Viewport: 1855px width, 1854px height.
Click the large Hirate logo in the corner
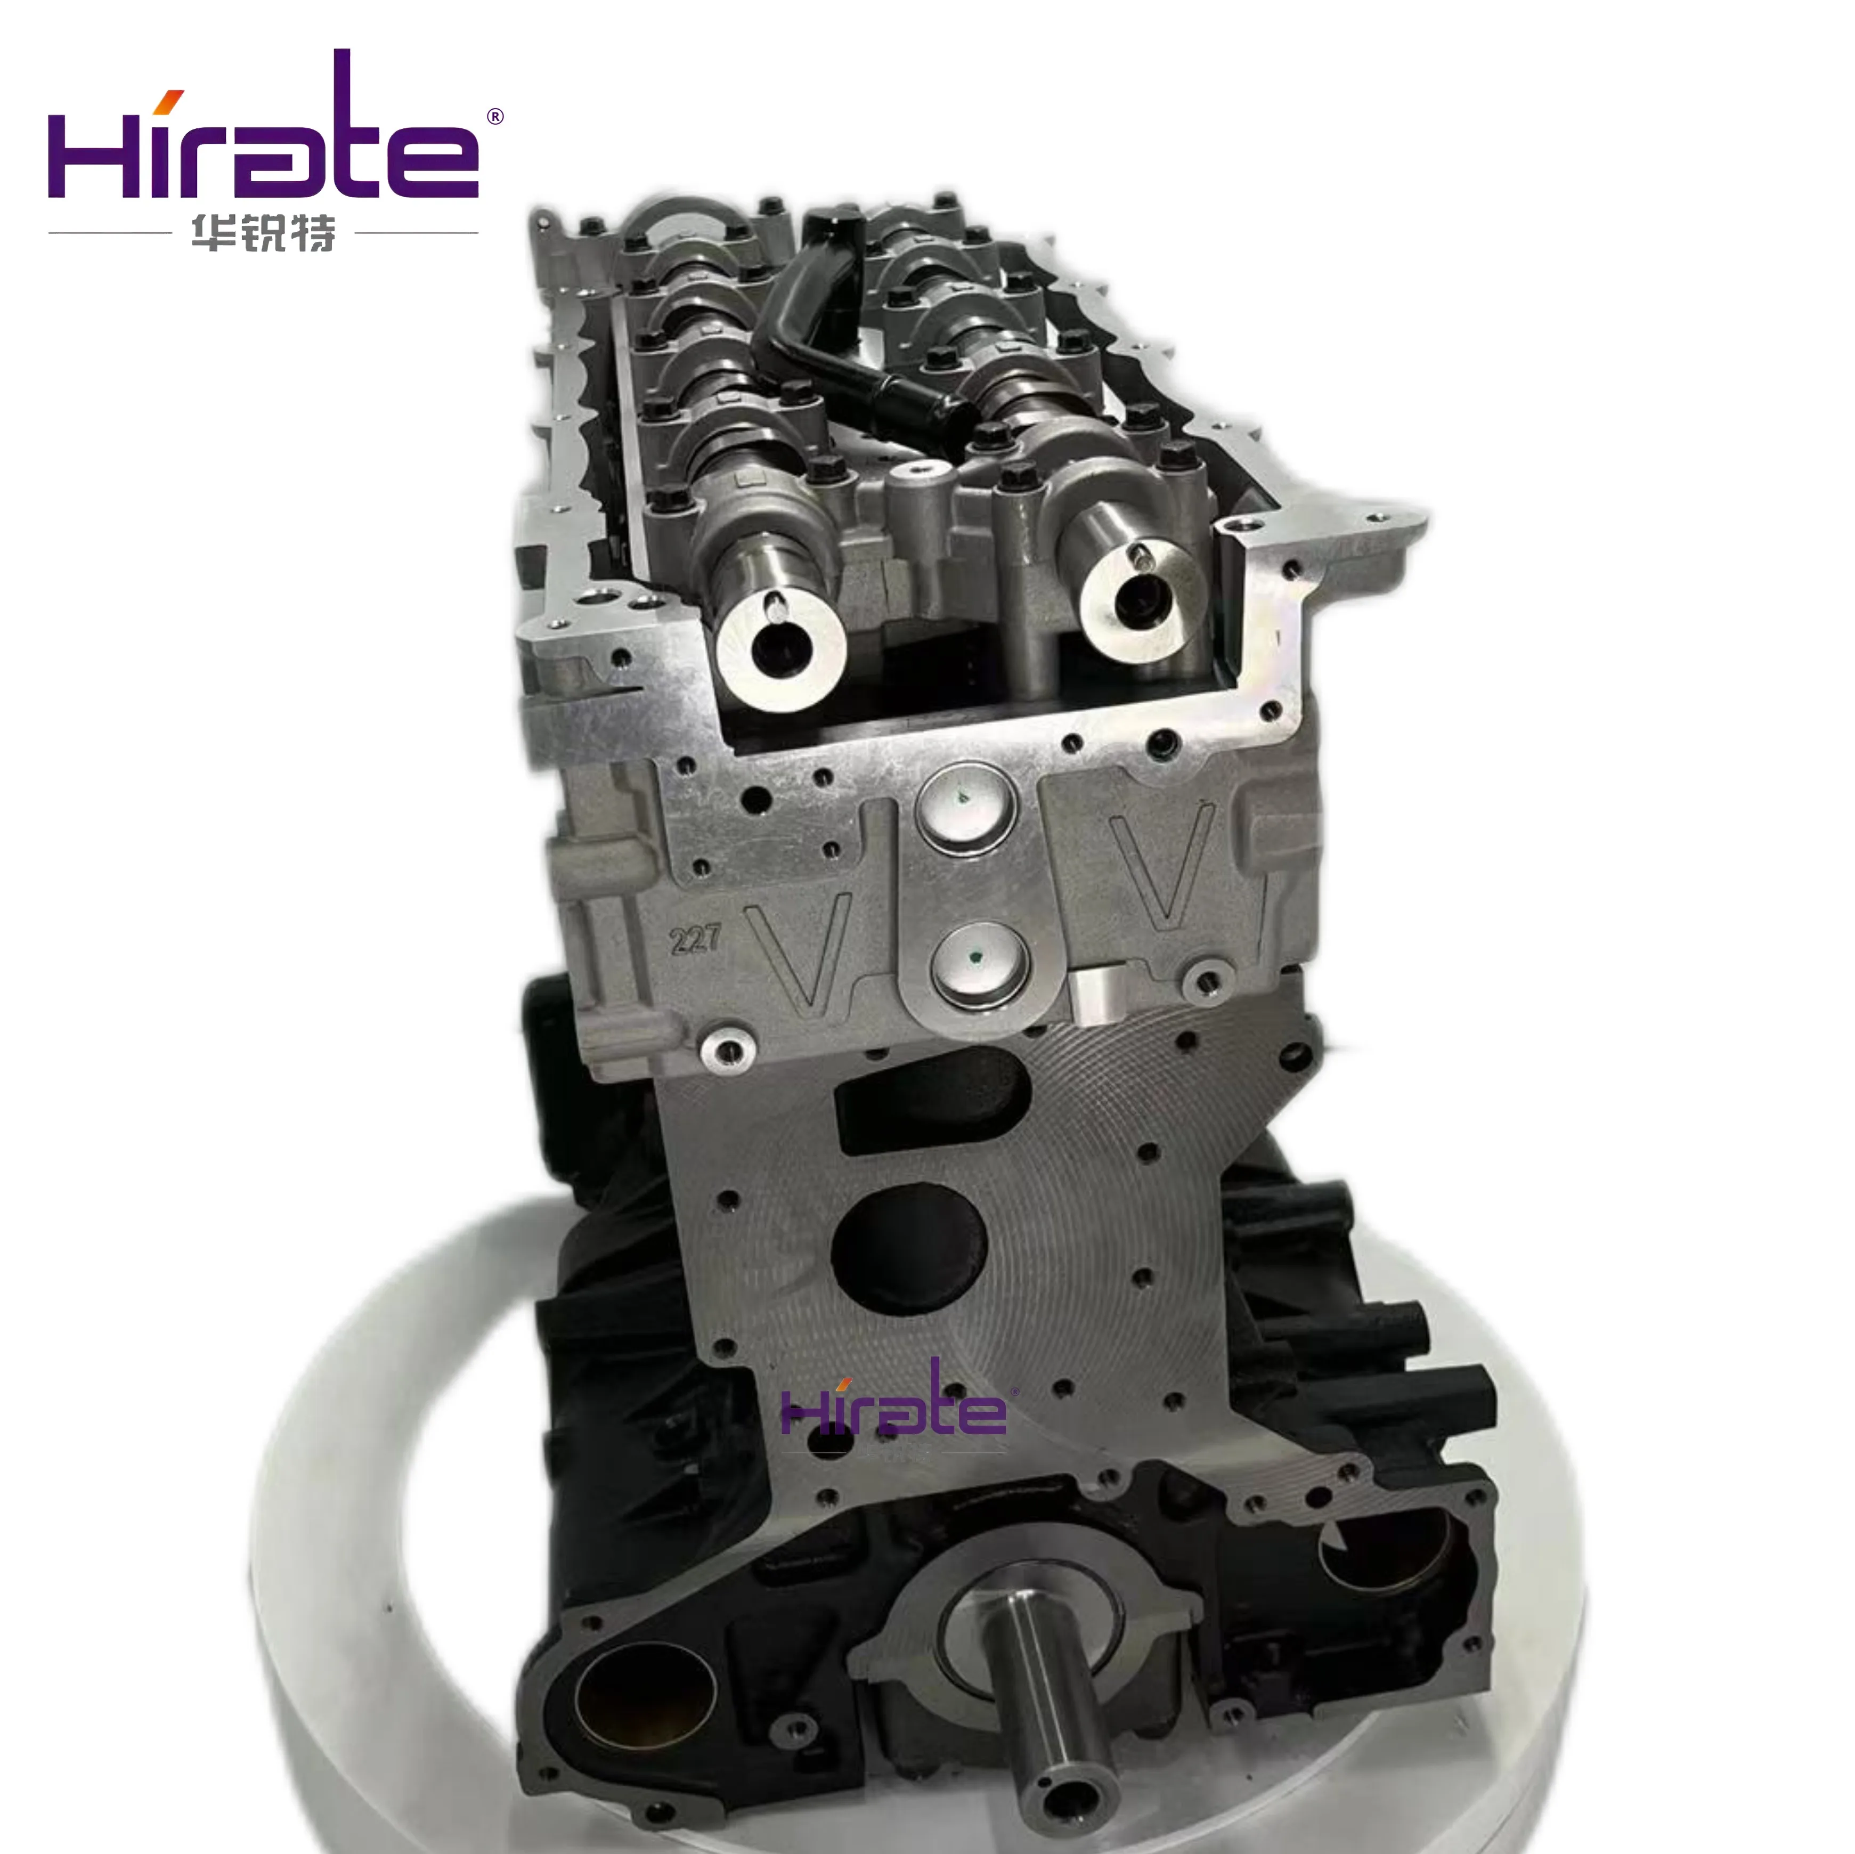pos(264,134)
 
